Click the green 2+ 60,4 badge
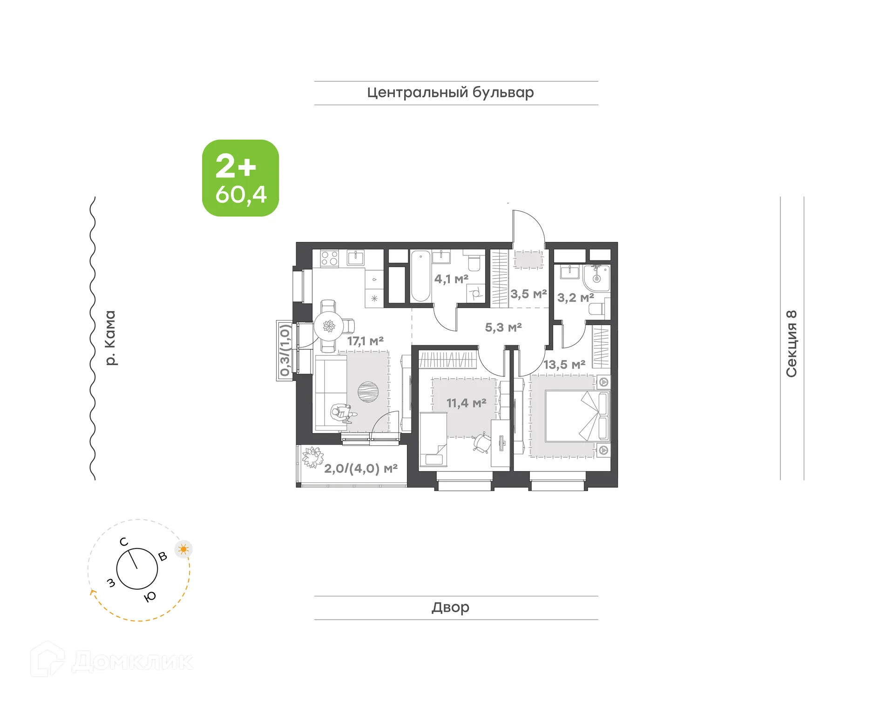[x=240, y=178]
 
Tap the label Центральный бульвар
[x=450, y=93]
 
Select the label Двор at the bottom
[x=450, y=607]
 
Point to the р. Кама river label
[x=110, y=338]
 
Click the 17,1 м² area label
[x=365, y=341]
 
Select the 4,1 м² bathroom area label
[x=451, y=279]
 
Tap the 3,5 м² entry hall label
[x=528, y=294]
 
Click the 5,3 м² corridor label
[x=503, y=327]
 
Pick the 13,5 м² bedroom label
[x=564, y=365]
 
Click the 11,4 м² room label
[x=466, y=403]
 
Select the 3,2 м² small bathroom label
[x=575, y=298]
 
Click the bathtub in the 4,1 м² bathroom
[x=420, y=276]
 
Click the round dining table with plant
[x=329, y=326]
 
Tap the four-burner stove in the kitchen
[x=329, y=259]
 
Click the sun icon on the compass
[x=183, y=549]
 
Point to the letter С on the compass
[x=124, y=542]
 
